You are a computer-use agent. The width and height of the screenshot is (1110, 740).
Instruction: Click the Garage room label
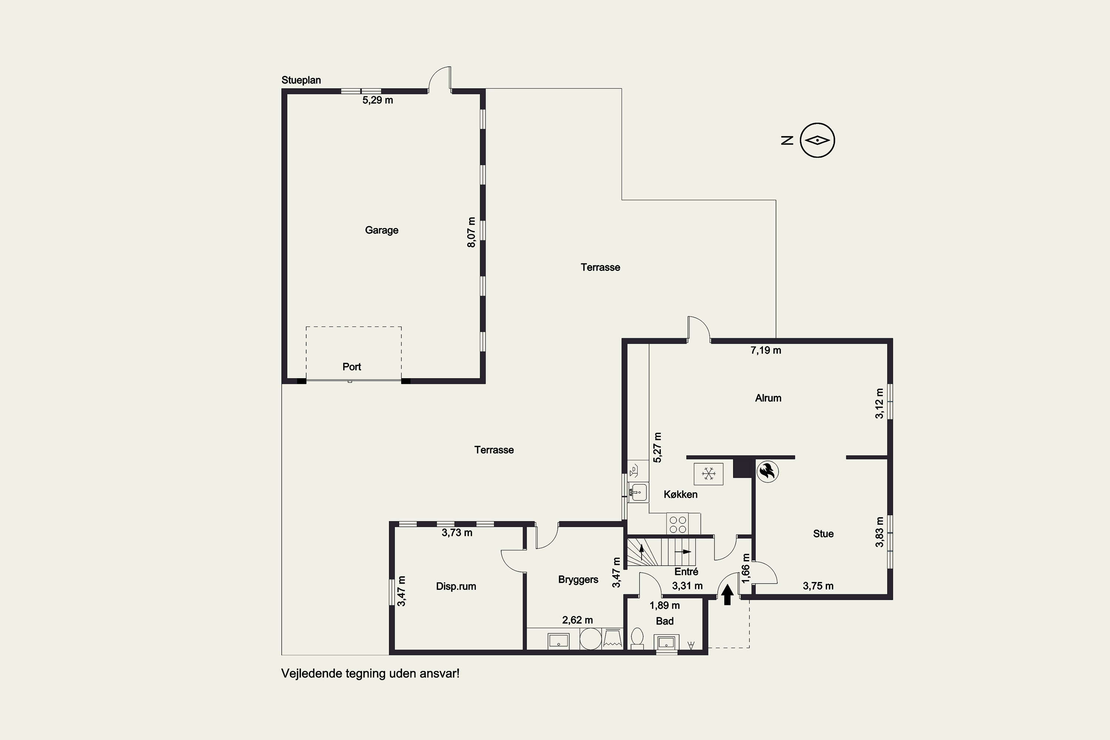pos(381,230)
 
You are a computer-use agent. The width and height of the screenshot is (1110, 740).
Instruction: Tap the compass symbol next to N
pos(817,140)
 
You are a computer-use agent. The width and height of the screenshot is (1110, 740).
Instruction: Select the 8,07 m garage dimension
pos(471,232)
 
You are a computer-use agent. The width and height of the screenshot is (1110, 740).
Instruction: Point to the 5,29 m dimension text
pos(377,100)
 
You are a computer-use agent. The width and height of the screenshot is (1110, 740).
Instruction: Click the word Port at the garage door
pos(351,367)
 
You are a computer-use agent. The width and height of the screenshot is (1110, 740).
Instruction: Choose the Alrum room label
pos(768,398)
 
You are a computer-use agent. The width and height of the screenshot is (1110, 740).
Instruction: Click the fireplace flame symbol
pos(767,471)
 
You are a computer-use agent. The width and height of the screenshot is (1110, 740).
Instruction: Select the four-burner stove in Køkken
pos(678,524)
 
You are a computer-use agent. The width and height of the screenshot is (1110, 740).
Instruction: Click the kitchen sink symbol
pos(638,492)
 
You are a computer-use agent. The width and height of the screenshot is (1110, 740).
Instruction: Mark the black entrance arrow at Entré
pos(727,595)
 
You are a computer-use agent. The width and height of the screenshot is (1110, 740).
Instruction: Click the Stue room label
pos(823,534)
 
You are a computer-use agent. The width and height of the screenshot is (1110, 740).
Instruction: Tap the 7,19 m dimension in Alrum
pos(766,350)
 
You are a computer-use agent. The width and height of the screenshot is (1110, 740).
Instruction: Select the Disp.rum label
pos(456,586)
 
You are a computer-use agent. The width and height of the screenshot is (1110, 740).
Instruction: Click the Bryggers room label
pos(578,579)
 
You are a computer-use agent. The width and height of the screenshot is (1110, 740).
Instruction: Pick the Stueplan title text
pos(301,80)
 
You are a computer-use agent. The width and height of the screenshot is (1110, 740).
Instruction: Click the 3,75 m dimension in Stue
pos(818,586)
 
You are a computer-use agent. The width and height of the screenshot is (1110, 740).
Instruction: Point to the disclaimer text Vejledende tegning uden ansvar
pos(370,673)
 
